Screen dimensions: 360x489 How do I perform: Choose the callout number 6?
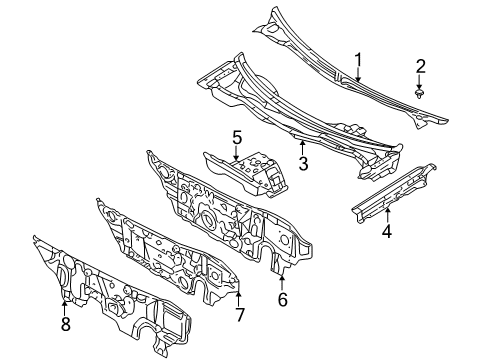pos(282,297)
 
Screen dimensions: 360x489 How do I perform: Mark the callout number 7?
pos(239,317)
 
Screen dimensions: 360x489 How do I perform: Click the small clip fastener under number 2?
pos(421,92)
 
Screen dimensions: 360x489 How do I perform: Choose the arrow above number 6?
pos(282,280)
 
